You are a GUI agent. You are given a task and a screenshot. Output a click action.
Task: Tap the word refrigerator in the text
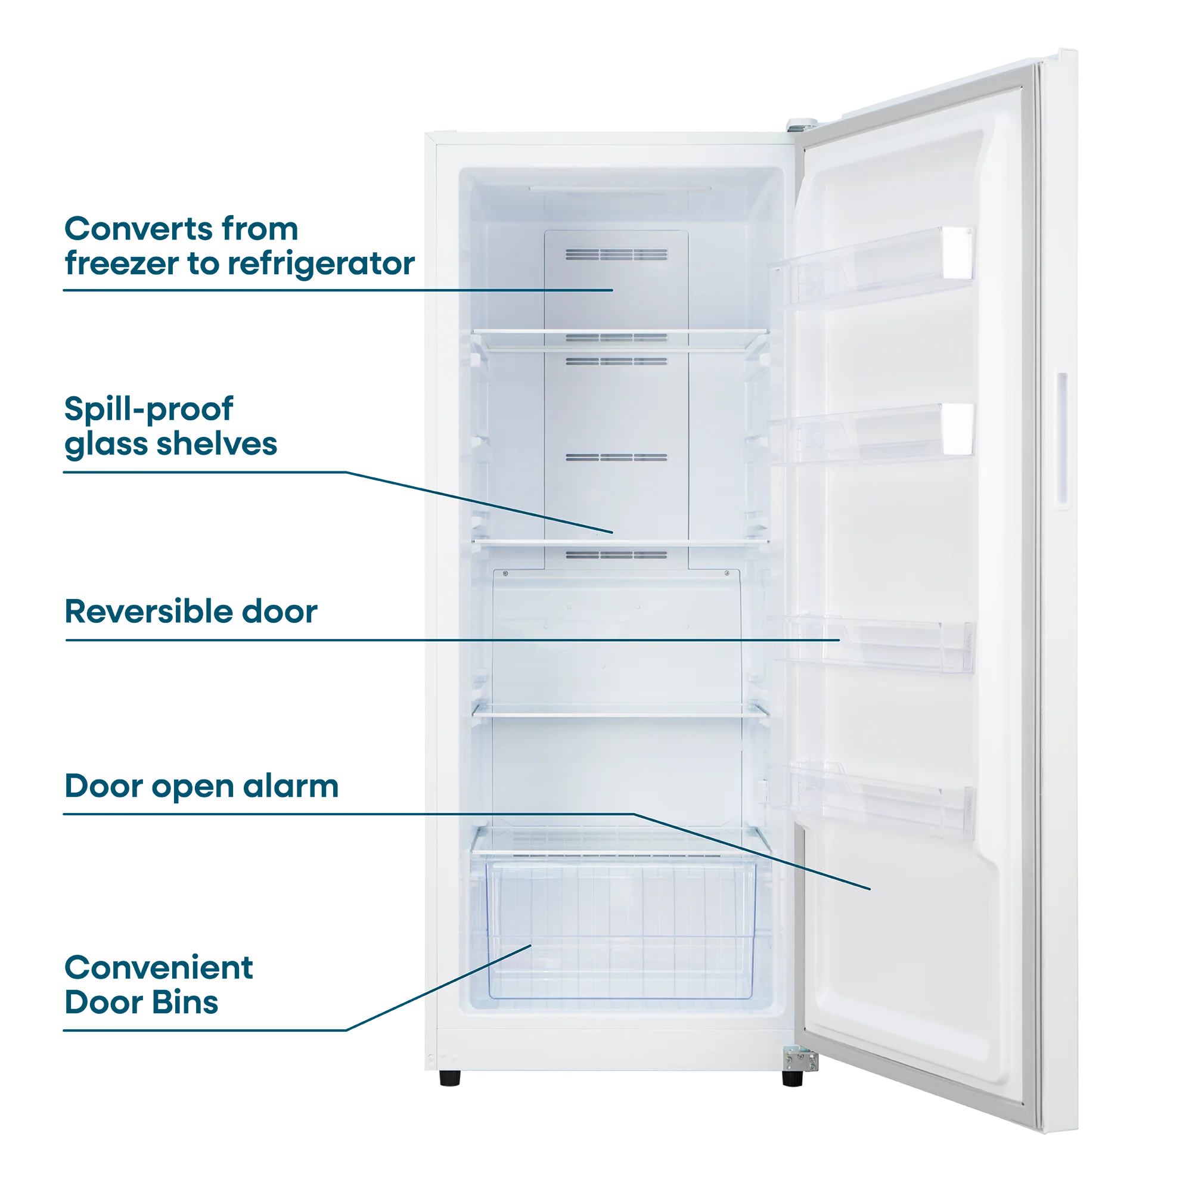click(x=321, y=264)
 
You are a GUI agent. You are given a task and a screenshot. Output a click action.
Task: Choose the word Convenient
click(x=159, y=967)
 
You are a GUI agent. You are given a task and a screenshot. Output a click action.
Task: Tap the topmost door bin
click(x=871, y=266)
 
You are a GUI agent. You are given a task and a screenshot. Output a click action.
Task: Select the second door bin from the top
click(x=871, y=434)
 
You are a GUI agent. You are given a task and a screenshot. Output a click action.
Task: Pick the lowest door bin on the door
click(x=871, y=800)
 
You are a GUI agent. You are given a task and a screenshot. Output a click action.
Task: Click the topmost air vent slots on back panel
click(x=616, y=255)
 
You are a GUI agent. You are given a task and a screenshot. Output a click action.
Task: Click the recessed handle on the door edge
click(x=1063, y=440)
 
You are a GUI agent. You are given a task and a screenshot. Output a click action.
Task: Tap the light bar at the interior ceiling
click(x=620, y=189)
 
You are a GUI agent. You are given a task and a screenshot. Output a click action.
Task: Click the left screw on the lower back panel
click(x=506, y=574)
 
